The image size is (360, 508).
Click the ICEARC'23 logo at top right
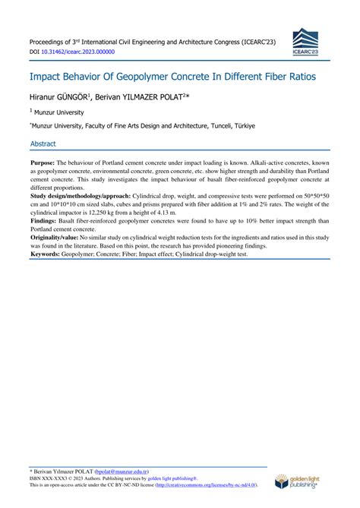click(x=308, y=42)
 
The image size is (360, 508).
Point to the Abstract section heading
click(x=45, y=143)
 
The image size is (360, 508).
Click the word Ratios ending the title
click(x=295, y=77)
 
